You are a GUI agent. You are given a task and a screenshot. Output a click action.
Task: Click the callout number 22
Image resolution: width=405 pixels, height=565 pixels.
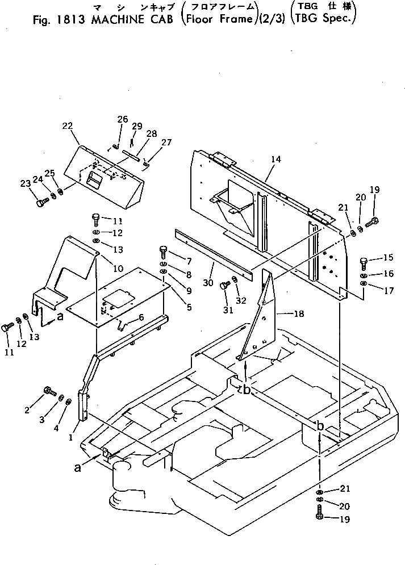click(68, 125)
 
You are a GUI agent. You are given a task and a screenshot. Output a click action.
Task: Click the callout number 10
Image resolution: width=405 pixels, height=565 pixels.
click(118, 269)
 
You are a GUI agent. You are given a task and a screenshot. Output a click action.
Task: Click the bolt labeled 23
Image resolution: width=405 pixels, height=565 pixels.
click(40, 202)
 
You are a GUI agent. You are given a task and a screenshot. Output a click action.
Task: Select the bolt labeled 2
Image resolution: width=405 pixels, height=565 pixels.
click(48, 391)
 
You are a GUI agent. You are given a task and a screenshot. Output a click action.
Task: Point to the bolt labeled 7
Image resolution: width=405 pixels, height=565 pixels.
click(164, 250)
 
